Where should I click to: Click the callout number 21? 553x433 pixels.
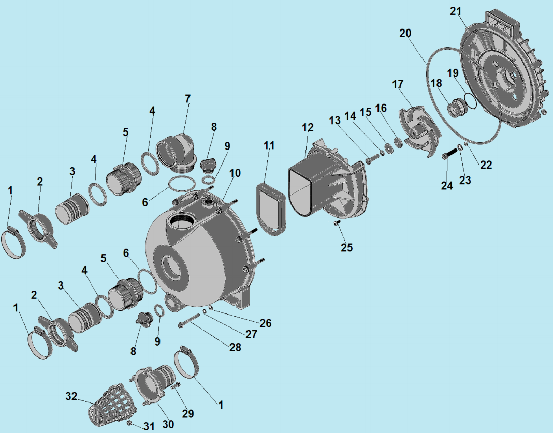pyautogui.click(x=455, y=11)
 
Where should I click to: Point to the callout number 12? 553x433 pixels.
pyautogui.click(x=308, y=127)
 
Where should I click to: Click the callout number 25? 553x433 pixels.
pyautogui.click(x=346, y=247)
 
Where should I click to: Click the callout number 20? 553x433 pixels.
pyautogui.click(x=405, y=33)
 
